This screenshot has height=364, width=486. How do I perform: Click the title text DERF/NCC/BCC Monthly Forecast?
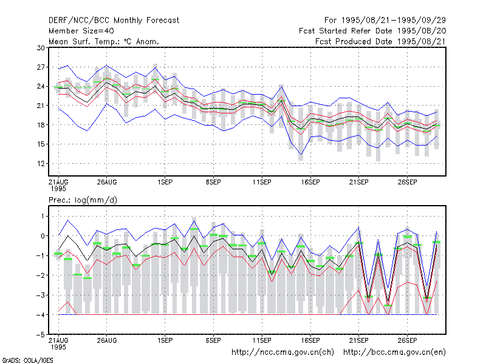(x=114, y=21)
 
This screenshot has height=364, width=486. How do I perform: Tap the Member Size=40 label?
(x=81, y=31)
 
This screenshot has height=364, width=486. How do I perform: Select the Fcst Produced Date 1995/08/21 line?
(x=380, y=41)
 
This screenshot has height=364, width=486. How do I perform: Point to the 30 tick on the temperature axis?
(x=41, y=48)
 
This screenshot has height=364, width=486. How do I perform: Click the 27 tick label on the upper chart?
(x=41, y=67)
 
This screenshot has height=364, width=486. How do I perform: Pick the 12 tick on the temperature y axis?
(x=41, y=163)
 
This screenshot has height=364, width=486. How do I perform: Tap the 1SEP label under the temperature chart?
(x=165, y=182)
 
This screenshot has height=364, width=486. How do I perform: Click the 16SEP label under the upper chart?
(x=310, y=182)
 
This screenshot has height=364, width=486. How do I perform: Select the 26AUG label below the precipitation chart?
(x=107, y=340)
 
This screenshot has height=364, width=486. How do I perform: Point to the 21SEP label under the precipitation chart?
(x=359, y=340)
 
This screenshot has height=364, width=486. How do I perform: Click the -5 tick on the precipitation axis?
(x=41, y=335)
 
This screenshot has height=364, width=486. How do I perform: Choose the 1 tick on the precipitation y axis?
(x=43, y=216)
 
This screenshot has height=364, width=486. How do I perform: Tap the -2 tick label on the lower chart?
(x=41, y=275)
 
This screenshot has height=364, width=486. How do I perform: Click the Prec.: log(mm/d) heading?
(x=83, y=200)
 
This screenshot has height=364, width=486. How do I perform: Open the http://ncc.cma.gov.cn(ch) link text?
(x=282, y=352)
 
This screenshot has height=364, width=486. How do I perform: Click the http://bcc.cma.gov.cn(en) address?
(x=394, y=352)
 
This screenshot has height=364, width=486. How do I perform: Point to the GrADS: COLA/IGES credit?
(x=27, y=360)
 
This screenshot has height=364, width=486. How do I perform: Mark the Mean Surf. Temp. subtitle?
(x=104, y=41)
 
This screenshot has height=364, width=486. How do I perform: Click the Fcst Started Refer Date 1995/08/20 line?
(x=372, y=31)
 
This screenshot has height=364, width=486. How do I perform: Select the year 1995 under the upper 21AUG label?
(x=58, y=189)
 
